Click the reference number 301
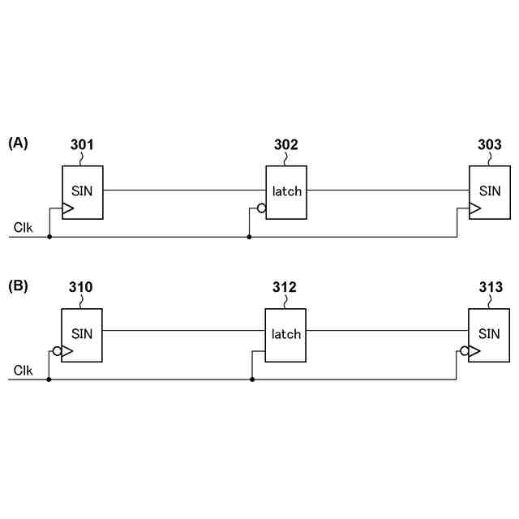point(82,145)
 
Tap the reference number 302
point(285,145)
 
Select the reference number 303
point(489,145)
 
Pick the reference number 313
point(489,288)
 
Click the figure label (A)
point(18,143)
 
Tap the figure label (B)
point(18,285)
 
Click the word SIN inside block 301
point(83,191)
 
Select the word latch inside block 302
point(287,191)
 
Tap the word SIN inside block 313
point(490,333)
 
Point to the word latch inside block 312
point(286,334)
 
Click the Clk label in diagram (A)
point(24,228)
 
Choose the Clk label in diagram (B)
point(24,371)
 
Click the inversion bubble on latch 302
point(261,209)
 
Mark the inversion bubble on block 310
point(58,352)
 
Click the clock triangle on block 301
point(68,209)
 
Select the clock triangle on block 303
point(474,209)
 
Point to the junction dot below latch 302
point(249,237)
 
